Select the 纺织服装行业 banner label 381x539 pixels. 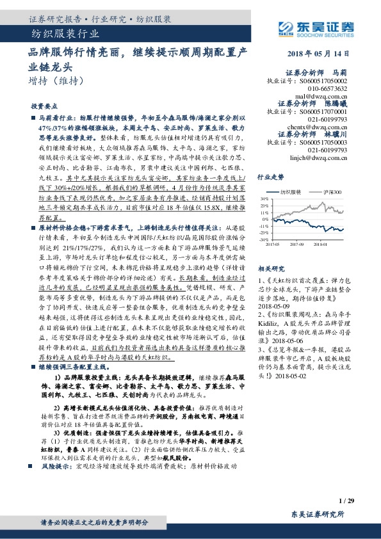point(65,34)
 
